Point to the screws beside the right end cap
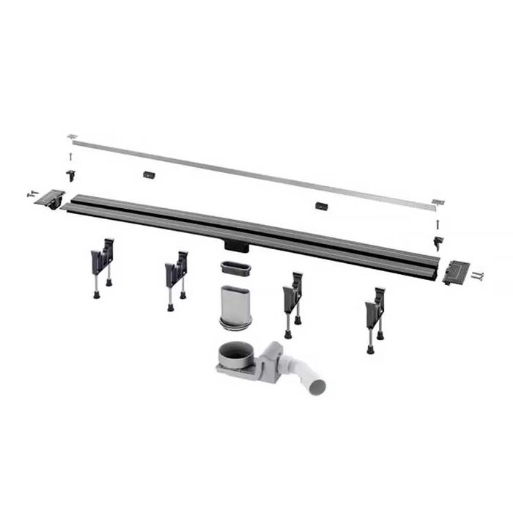pos(479,276)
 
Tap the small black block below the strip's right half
pos(322,206)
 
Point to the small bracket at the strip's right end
pos(438,202)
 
